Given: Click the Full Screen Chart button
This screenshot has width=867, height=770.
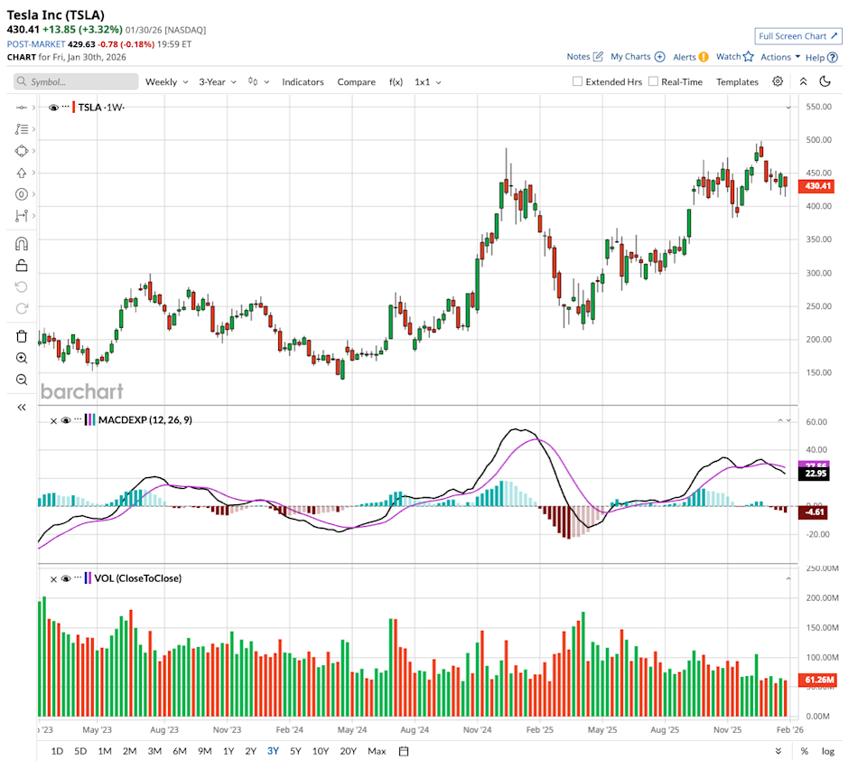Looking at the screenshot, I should tap(798, 36).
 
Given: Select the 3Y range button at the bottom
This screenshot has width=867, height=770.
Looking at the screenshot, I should tap(273, 751).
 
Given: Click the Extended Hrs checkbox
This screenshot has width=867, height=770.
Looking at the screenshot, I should tap(578, 81).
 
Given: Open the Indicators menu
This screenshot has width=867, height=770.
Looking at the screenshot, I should tap(303, 81).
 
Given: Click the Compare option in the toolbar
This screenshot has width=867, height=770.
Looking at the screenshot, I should tap(356, 81).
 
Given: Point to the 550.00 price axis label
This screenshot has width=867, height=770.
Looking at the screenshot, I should tap(818, 107).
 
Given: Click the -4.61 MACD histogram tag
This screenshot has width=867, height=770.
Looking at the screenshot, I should tap(816, 512).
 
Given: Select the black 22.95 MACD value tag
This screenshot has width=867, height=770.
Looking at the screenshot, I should tap(816, 473).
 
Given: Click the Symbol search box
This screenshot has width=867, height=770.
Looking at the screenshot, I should tap(77, 81).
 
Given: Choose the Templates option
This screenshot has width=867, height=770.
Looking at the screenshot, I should tap(737, 81).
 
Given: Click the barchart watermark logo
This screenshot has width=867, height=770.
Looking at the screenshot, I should tap(81, 391).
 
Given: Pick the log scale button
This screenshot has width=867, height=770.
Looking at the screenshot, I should tap(827, 751).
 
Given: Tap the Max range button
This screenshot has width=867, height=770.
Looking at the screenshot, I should tap(377, 751).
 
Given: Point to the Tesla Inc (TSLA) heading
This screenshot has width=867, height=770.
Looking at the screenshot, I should tap(55, 14).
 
